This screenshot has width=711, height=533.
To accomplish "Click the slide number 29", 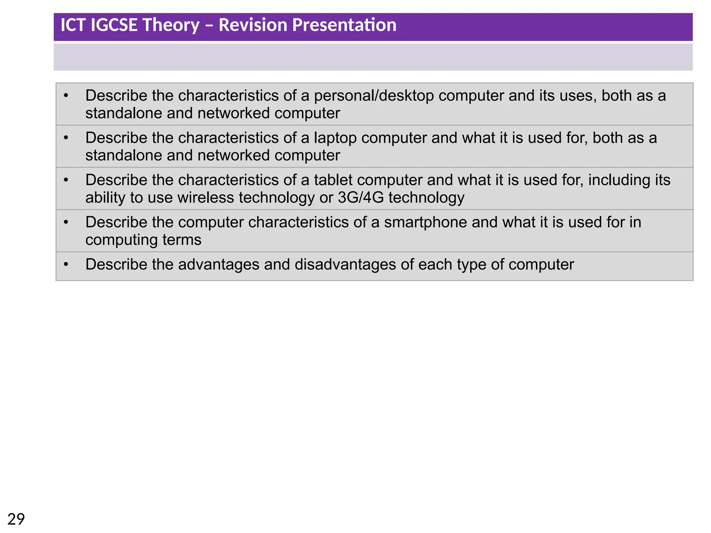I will [x=16, y=519].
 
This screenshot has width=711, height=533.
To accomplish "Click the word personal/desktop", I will [x=374, y=96].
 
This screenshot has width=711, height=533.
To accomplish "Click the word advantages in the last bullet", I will [x=219, y=265].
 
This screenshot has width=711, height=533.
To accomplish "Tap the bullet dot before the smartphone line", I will [x=66, y=222].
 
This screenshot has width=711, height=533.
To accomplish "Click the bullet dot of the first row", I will [x=66, y=95].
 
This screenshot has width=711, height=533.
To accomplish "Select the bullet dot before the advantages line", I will [x=66, y=264].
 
